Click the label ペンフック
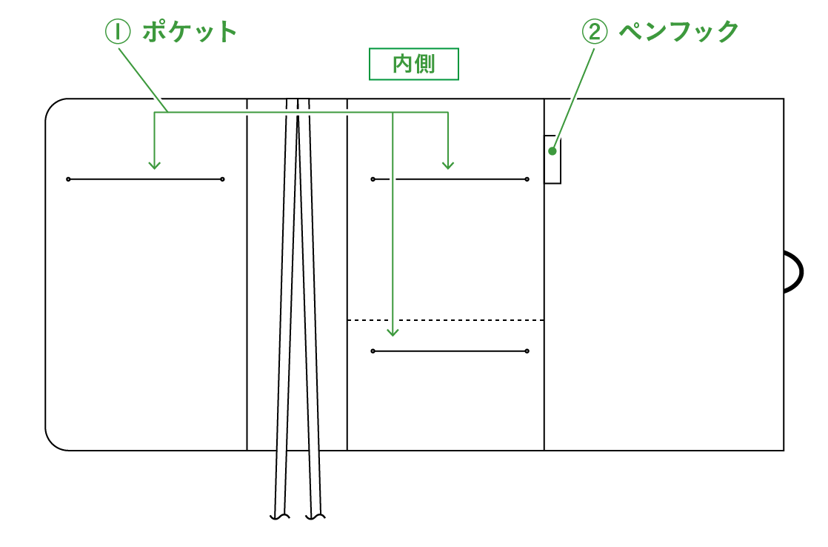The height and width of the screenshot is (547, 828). coord(678,32)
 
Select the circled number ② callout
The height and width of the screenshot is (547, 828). coord(595,32)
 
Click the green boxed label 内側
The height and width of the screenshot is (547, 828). coord(414,64)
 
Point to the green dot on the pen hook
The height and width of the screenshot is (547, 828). coord(552,150)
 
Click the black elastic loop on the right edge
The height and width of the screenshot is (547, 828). coord(795,271)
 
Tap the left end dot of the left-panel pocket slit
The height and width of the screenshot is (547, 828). coord(68,179)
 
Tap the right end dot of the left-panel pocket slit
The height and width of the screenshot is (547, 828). coord(222,179)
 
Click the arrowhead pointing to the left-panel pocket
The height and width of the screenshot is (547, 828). coord(154,165)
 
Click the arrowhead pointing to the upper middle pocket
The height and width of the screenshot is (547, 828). coord(447,165)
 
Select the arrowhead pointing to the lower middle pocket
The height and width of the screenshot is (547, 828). coord(393,331)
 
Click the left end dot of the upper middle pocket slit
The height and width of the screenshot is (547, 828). coord(373,179)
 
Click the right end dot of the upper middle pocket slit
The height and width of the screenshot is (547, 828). coord(527,179)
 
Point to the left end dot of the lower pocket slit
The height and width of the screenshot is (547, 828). coord(373,351)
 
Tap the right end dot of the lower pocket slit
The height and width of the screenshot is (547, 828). coord(527,351)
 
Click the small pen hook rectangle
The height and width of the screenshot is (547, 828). coord(552,159)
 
